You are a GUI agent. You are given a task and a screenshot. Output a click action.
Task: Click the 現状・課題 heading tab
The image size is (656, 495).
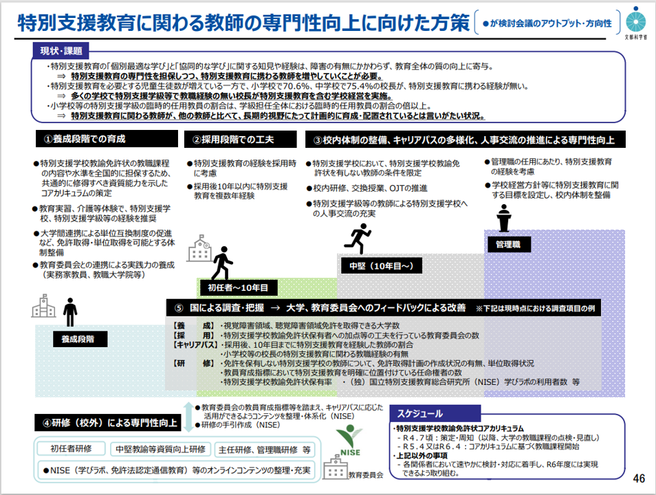pyautogui.click(x=61, y=51)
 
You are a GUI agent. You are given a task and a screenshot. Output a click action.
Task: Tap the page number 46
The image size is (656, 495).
pyautogui.click(x=639, y=478)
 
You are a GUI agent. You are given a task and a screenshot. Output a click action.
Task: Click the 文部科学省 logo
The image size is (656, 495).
pyautogui.click(x=635, y=22)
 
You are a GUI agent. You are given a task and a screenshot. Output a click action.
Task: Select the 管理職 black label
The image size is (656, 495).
pyautogui.click(x=508, y=244)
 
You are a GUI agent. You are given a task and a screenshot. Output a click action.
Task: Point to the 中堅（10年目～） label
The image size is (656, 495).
pyautogui.click(x=381, y=265)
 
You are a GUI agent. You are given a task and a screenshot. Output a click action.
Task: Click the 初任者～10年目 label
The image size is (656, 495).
pyautogui.click(x=238, y=287)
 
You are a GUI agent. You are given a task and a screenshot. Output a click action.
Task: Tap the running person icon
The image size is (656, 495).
pyautogui.click(x=358, y=239)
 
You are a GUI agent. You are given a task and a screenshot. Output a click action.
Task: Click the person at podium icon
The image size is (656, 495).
pyautogui.click(x=504, y=218)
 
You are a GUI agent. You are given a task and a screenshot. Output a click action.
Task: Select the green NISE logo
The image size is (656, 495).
pyautogui.click(x=349, y=440)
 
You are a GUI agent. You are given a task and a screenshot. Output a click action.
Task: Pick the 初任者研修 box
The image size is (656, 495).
pyautogui.click(x=71, y=448)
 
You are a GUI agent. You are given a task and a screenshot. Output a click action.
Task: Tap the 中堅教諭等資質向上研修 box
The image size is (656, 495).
pyautogui.click(x=160, y=450)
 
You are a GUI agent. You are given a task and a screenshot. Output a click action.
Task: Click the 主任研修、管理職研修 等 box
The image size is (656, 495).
pyautogui.click(x=265, y=450)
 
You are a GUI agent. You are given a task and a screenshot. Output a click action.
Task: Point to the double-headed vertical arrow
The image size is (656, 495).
pyautogui.click(x=188, y=417)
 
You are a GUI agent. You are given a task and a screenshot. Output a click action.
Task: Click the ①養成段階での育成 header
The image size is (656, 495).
pyautogui.click(x=107, y=139)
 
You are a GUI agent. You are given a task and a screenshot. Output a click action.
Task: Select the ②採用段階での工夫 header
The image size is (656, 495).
pyautogui.click(x=241, y=140)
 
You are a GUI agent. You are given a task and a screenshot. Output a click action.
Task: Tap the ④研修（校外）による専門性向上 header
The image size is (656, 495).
pyautogui.click(x=107, y=423)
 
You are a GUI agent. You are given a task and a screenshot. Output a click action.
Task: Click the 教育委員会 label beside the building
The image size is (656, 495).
pyautogui.click(x=366, y=475)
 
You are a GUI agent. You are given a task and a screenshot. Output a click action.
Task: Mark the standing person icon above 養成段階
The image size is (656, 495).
pyautogui.click(x=70, y=312)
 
